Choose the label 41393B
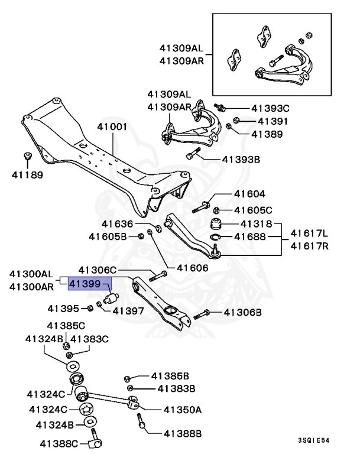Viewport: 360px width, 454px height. [241, 159]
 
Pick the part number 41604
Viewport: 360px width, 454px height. [249, 194]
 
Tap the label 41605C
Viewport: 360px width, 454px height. [253, 210]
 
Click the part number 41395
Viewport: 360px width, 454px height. [63, 308]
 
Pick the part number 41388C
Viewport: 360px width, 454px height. [59, 443]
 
